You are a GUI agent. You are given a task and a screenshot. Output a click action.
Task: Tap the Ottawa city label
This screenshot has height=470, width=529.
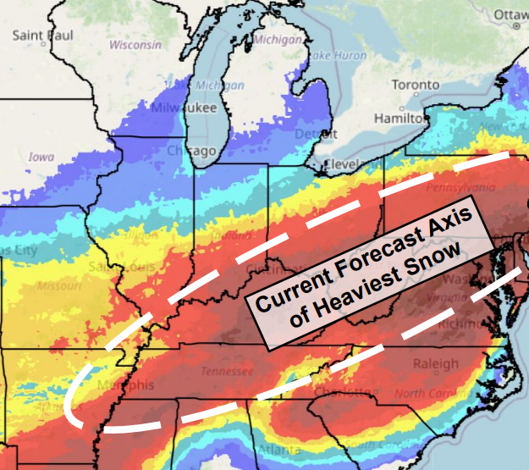pyautogui.click(x=509, y=14)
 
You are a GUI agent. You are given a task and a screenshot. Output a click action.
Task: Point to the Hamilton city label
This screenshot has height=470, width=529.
pyautogui.click(x=401, y=117)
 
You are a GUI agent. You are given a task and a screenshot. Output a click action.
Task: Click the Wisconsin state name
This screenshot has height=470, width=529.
pyautogui.click(x=135, y=44)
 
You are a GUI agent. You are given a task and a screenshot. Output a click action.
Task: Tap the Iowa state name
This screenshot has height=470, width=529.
pyautogui.click(x=41, y=158)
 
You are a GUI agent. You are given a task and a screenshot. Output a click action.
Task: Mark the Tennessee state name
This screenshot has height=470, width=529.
pyautogui.click(x=227, y=371)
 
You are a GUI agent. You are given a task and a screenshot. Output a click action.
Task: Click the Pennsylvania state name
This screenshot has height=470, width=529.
pyautogui.click(x=461, y=186)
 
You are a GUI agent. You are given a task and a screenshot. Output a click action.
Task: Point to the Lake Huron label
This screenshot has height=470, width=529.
pyautogui.click(x=330, y=55)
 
